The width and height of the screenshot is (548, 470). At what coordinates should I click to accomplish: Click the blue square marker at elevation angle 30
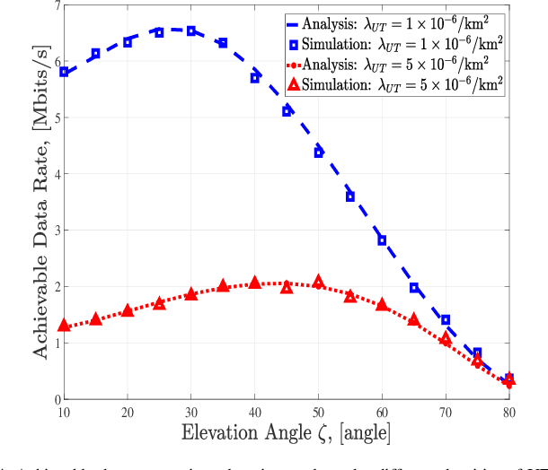(x=191, y=31)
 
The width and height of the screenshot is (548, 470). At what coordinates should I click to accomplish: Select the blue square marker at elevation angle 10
(x=64, y=72)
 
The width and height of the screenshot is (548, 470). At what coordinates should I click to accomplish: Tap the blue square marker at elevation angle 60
(x=382, y=240)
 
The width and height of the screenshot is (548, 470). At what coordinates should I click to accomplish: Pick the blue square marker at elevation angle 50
(x=319, y=152)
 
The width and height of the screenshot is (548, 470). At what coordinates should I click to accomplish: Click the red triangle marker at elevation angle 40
(x=255, y=283)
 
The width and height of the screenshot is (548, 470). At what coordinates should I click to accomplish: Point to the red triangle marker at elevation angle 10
(x=64, y=325)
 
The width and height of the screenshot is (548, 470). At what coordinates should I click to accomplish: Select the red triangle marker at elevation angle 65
(x=414, y=319)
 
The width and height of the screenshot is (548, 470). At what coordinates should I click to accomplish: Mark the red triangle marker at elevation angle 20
(x=128, y=310)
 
